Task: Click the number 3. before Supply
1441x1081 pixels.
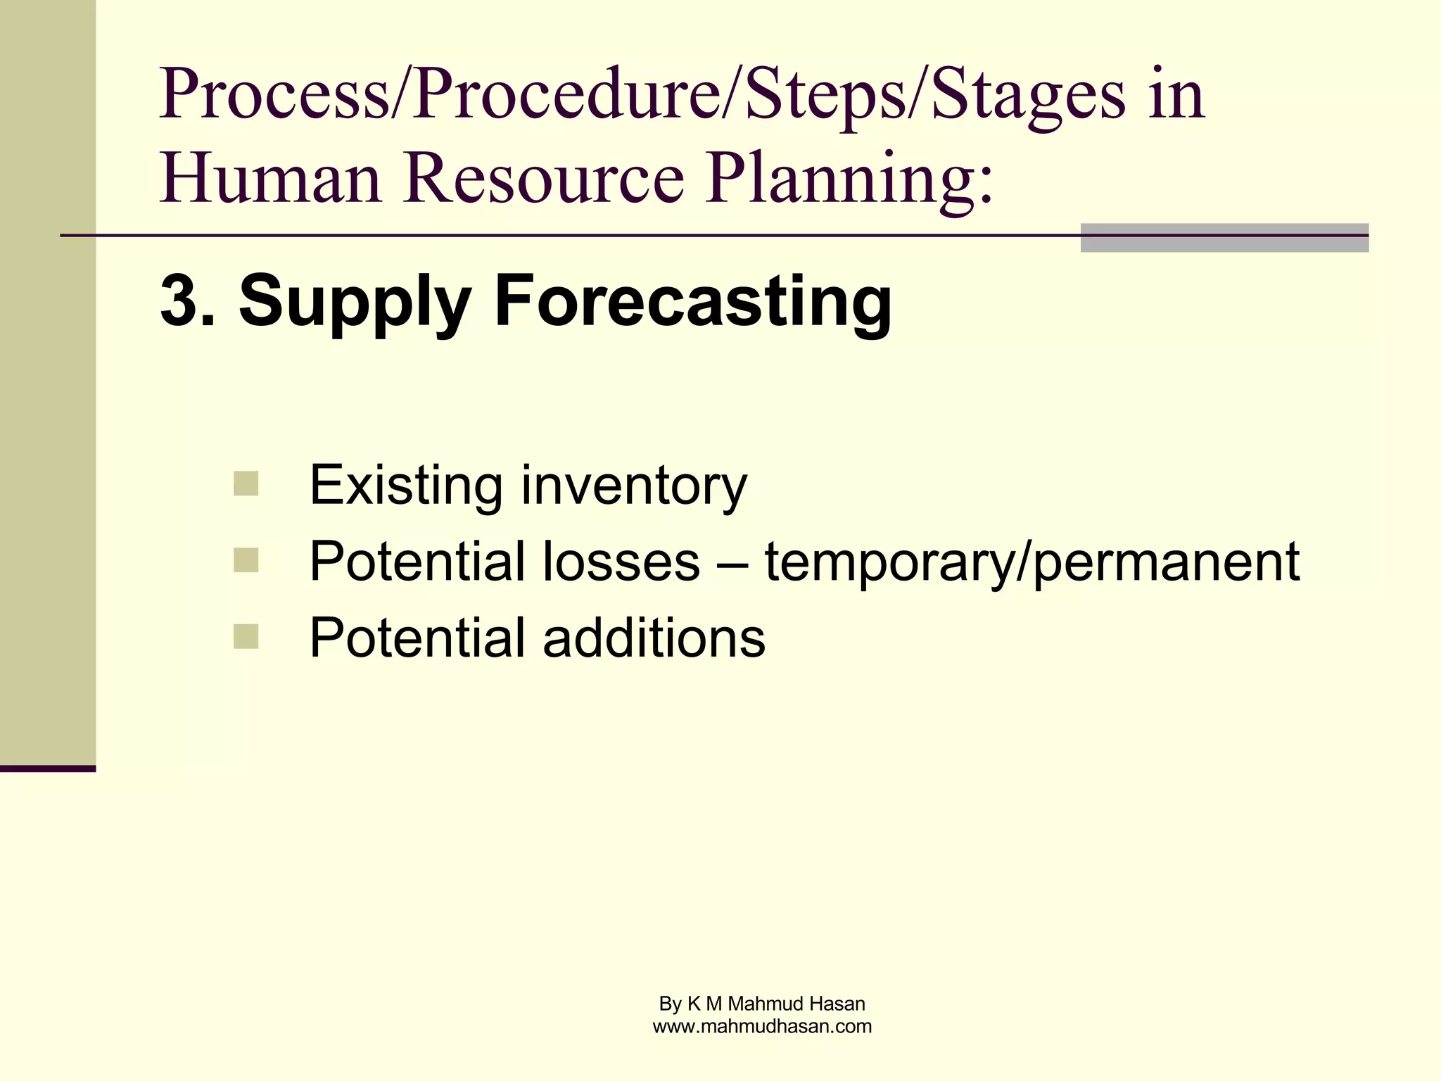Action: pos(187,301)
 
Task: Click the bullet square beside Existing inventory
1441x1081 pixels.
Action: pos(246,483)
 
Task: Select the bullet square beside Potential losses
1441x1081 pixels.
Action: pos(246,560)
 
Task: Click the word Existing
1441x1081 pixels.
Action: pos(406,485)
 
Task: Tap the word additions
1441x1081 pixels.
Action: pos(654,638)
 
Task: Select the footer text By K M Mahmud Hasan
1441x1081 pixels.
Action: pos(762,1004)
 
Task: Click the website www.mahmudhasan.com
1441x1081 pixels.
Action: pos(762,1026)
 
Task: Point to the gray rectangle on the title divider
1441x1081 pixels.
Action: pos(1224,238)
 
